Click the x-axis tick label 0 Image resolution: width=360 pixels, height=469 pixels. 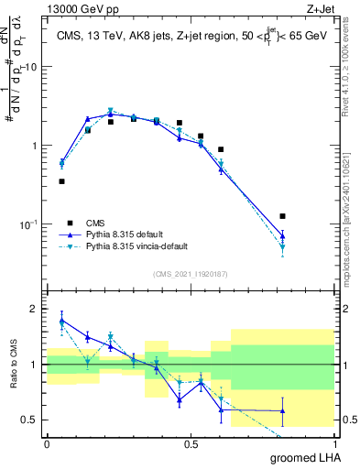pos(47,443)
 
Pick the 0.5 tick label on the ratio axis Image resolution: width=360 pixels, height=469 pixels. pos(28,420)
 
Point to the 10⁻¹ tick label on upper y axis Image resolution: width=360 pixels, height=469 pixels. pos(27,224)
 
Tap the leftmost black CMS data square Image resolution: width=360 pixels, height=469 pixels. pos(61,181)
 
